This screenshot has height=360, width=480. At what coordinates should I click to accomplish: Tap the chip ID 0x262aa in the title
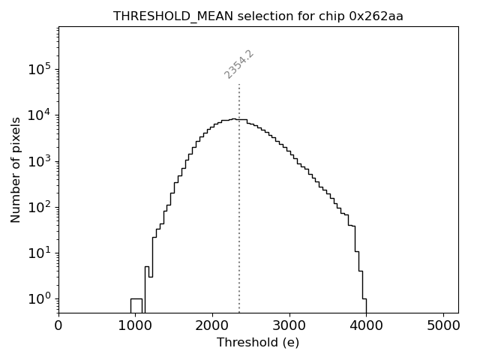(376, 16)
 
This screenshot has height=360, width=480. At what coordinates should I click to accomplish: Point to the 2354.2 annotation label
(239, 64)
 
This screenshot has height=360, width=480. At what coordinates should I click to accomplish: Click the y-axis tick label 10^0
(40, 298)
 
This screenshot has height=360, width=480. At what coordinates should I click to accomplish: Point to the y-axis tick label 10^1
(40, 253)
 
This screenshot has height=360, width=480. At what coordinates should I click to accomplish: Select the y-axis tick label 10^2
(40, 207)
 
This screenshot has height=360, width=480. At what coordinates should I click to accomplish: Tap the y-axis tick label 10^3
(40, 161)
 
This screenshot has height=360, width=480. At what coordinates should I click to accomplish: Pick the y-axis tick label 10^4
(40, 115)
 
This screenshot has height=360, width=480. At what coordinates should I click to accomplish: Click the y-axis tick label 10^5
(40, 69)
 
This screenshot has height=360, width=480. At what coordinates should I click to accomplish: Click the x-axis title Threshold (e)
(258, 343)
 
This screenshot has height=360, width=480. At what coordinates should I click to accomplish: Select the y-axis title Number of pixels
(16, 169)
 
